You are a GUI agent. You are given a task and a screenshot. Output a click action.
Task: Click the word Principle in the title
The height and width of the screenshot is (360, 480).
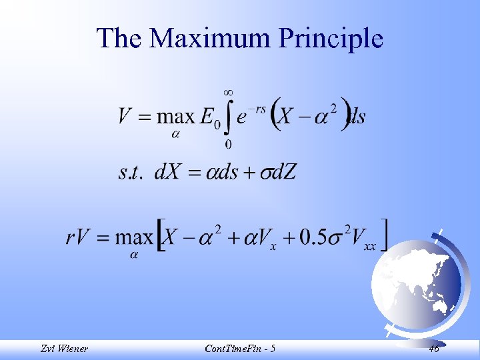[x=331, y=38]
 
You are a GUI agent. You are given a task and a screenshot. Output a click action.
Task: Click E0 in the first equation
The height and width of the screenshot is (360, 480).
[x=209, y=118]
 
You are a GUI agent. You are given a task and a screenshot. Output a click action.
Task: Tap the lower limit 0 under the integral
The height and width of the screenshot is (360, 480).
[x=228, y=144]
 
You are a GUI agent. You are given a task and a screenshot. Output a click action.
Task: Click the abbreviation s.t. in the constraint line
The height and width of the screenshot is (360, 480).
[x=132, y=173]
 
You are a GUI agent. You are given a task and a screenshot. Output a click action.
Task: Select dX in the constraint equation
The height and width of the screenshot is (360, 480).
[x=168, y=173]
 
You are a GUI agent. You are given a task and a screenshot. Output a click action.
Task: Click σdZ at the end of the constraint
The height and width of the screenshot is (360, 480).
[x=276, y=173]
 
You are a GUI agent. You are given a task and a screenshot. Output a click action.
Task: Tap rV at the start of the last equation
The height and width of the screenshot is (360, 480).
[x=79, y=237]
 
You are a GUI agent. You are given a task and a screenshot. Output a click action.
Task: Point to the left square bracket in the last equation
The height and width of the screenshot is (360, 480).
[x=161, y=237]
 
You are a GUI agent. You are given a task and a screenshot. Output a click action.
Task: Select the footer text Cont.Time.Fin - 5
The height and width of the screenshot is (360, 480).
[x=239, y=348]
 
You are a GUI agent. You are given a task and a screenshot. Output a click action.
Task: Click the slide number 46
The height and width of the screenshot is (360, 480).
[x=434, y=348]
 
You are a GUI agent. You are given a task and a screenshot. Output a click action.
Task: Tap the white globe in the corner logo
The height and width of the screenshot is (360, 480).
[x=414, y=283]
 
